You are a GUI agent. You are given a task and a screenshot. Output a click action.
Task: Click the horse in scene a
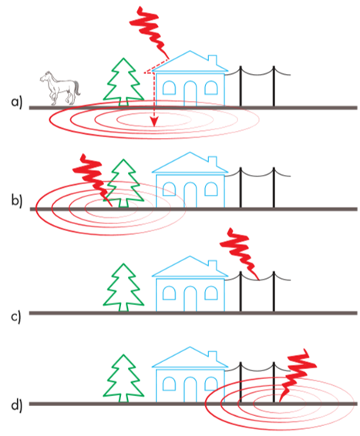(60, 88)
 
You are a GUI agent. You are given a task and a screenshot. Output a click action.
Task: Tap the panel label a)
(16, 102)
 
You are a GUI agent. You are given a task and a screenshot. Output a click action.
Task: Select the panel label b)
(16, 201)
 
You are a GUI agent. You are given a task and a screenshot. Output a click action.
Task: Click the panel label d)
(16, 405)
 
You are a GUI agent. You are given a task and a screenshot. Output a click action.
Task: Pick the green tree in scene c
(124, 289)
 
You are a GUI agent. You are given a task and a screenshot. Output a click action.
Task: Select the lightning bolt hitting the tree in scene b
(93, 180)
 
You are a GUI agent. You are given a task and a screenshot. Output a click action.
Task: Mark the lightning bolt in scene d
(298, 375)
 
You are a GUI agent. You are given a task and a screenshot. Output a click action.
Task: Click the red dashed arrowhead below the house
(154, 122)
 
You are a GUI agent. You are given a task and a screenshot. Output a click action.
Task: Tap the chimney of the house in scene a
(213, 60)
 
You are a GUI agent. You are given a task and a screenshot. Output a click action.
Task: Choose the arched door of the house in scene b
(190, 195)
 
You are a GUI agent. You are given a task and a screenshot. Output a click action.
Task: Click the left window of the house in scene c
(169, 292)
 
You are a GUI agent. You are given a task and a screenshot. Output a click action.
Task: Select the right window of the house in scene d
(211, 383)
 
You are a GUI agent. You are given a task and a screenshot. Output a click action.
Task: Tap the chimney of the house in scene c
(213, 265)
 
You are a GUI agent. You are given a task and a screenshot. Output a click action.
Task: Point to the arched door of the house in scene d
(190, 389)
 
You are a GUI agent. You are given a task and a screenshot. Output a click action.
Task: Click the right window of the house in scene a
(211, 87)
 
